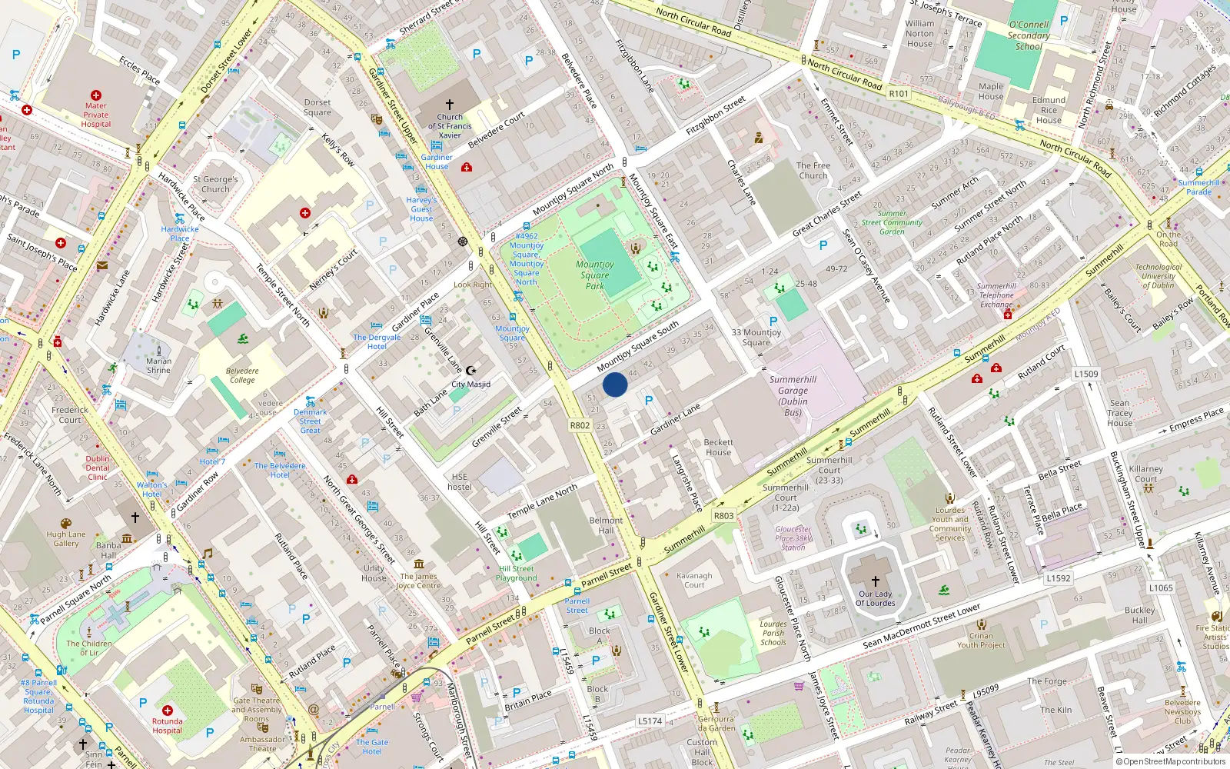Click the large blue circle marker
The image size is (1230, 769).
pos(615,384)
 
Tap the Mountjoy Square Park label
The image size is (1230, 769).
pos(595,275)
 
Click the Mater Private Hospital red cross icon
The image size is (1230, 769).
pos(96,95)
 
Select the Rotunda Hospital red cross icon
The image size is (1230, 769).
pos(168,710)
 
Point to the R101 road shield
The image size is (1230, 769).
pos(899,93)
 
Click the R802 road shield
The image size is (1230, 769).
pos(580,425)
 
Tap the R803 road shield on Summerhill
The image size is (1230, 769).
pos(723,516)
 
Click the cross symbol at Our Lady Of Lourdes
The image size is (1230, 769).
pos(875,581)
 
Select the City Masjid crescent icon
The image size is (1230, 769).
pos(471,371)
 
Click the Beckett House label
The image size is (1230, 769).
pos(718,448)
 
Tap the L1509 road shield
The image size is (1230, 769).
pos(1086,374)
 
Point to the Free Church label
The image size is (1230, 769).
pos(813,170)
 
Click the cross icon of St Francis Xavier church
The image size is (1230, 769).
pos(450,104)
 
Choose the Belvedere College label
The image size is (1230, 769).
pos(242,375)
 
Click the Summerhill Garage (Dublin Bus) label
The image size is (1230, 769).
pos(793,395)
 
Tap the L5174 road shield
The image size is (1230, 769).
pos(650,721)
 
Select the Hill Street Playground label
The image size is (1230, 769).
pos(517,574)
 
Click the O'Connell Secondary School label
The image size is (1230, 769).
pos(1029,35)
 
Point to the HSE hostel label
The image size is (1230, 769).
pos(460,481)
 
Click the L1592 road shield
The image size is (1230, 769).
pos(1059,578)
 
